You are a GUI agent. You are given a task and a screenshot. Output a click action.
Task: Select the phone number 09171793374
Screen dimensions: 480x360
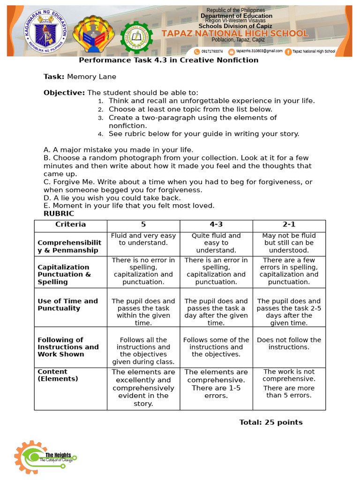[x=211, y=51]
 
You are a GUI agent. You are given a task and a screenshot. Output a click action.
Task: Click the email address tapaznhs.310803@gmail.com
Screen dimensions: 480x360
[x=259, y=51]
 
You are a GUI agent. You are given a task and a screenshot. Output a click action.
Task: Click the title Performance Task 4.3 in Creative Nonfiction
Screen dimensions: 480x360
[x=168, y=60]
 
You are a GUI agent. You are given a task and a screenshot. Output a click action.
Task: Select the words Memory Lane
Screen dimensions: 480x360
[x=91, y=76]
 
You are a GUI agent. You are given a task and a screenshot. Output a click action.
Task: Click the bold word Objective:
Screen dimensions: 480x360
[x=64, y=92]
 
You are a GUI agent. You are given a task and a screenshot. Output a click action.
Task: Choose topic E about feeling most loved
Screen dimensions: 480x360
[x=129, y=205]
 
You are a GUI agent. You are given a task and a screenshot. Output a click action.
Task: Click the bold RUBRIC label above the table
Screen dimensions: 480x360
[x=59, y=213]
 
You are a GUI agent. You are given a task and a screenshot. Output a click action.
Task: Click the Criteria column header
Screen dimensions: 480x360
[x=71, y=225]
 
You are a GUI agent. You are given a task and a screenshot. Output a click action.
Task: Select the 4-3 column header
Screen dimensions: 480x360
[x=216, y=225]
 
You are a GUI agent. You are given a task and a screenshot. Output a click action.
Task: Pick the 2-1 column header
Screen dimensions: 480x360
[x=289, y=225]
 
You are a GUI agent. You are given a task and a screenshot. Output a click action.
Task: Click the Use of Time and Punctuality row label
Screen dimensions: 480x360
[x=68, y=305]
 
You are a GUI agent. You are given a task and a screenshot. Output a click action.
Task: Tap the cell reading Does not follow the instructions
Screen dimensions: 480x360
[x=289, y=344]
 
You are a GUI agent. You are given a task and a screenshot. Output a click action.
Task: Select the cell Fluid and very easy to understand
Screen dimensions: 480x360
[x=143, y=239]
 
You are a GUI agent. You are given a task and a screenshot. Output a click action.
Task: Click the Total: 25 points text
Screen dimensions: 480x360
[x=271, y=422]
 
